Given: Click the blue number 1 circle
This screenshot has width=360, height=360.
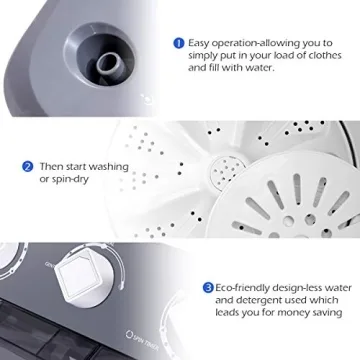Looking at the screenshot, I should coord(179,43).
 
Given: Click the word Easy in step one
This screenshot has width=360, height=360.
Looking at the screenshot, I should coord(200,43).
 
